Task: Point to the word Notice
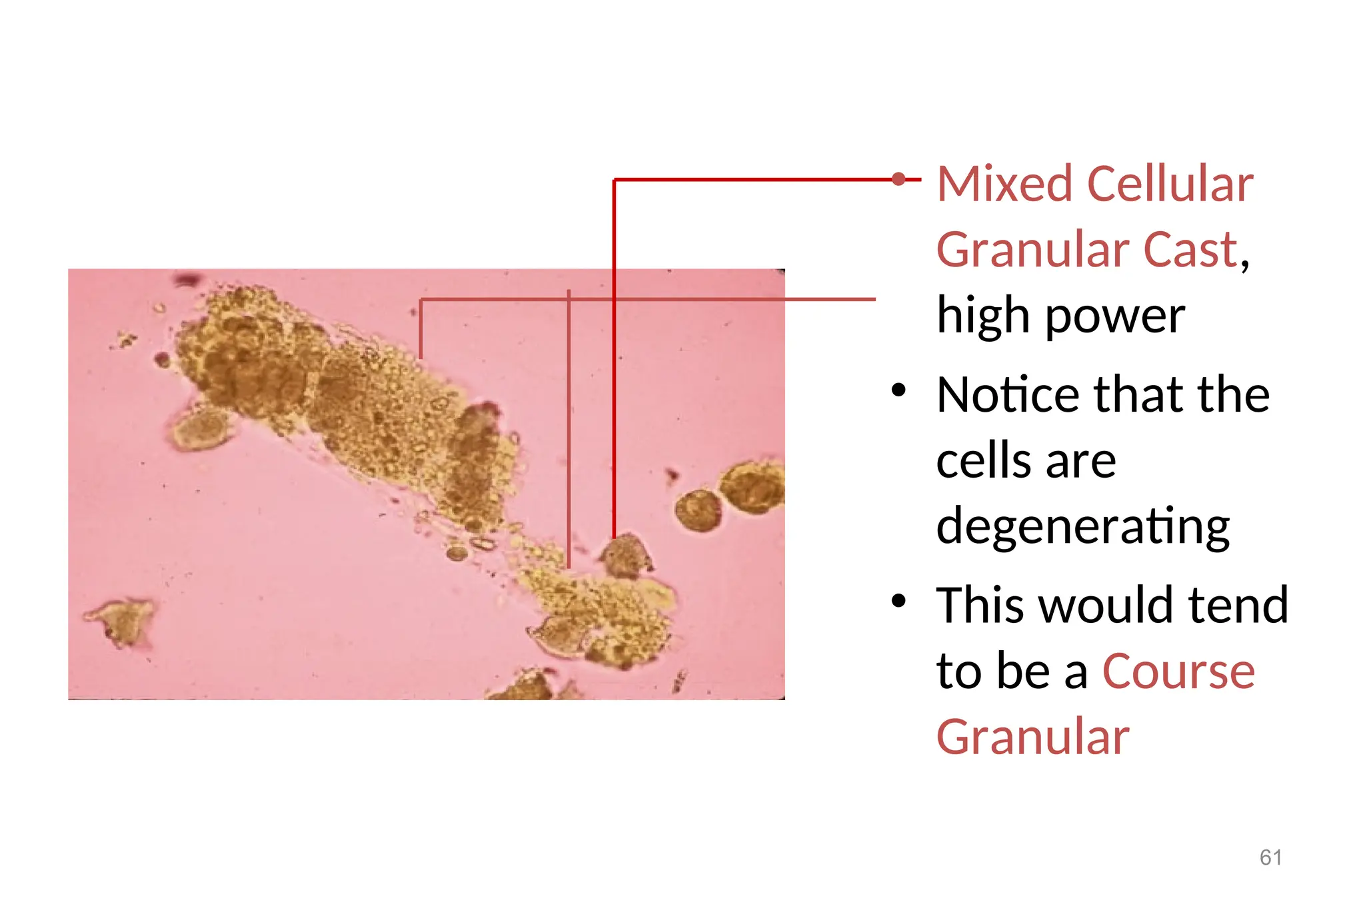coord(1007,394)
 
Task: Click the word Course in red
coord(1178,671)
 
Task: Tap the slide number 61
coord(1270,857)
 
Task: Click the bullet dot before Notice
coord(898,390)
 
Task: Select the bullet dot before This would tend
coord(898,601)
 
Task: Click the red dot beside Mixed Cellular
coord(898,179)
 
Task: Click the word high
coord(983,316)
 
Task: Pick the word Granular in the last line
coord(1032,737)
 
